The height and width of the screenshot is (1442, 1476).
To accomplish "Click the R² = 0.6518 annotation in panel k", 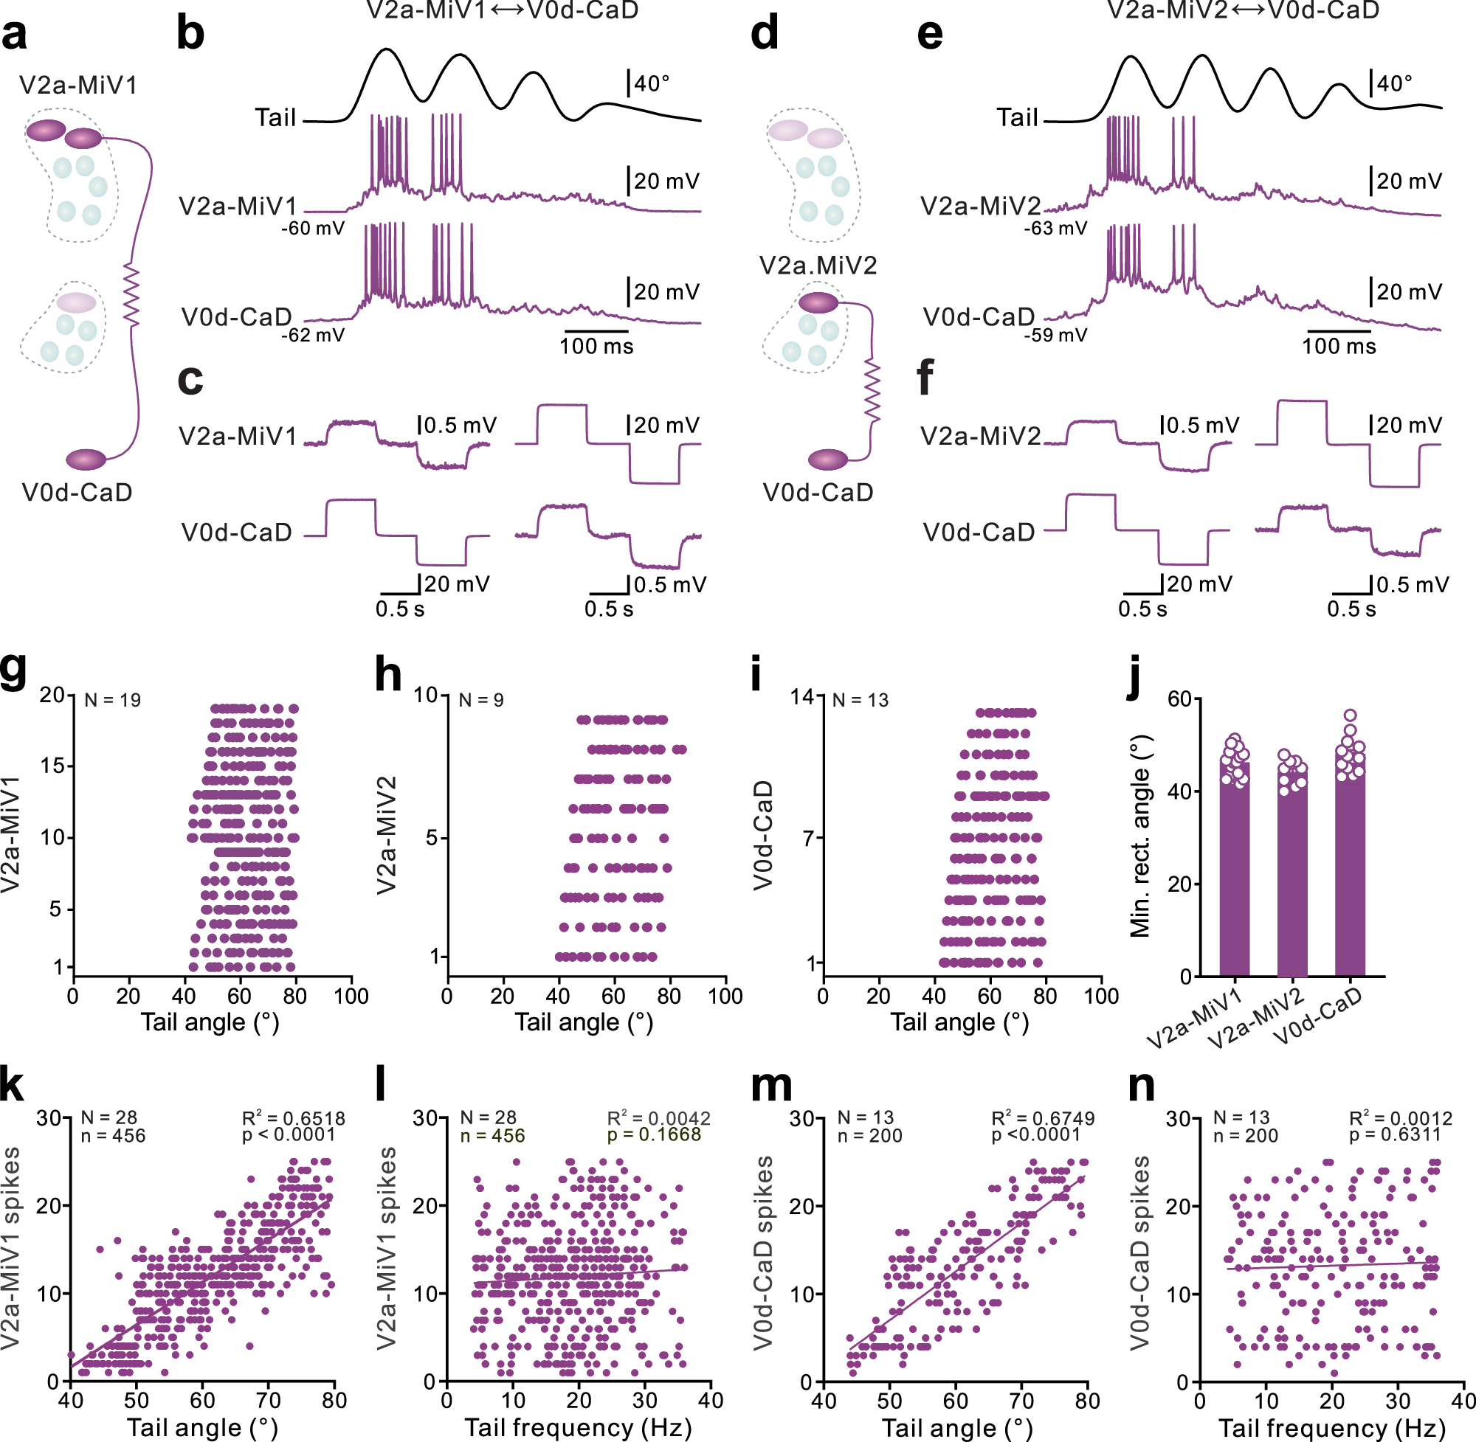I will point(293,1119).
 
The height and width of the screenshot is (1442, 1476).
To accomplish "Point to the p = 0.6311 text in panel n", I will point(1400,1135).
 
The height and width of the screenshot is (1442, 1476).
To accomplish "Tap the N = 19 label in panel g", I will point(112,700).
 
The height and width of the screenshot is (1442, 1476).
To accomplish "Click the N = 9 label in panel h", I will point(481,700).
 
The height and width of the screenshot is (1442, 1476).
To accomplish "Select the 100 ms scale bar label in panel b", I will point(596,347).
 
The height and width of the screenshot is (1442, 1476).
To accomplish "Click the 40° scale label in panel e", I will point(1394,83).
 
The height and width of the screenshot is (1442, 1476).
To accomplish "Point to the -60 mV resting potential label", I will point(313,229).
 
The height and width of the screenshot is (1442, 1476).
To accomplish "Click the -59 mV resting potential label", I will point(1055,335).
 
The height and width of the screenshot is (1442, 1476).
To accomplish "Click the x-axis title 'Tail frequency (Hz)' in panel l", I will point(578,1427).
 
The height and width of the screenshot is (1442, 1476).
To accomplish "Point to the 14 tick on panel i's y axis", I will point(802,696).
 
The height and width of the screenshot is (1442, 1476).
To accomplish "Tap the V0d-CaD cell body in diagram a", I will point(86,459).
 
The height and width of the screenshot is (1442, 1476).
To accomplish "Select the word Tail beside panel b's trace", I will point(275,118).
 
